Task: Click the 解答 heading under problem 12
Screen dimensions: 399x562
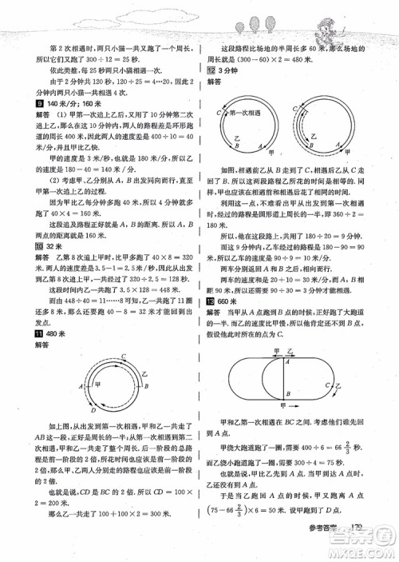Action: [x=214, y=82]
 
